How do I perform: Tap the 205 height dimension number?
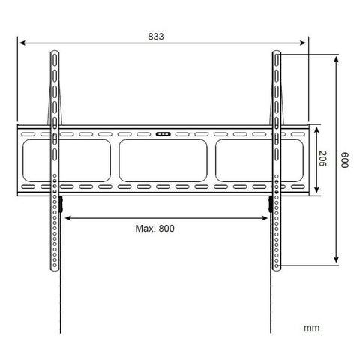click(322, 159)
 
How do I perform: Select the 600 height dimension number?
click(346, 160)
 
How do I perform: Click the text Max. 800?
click(155, 229)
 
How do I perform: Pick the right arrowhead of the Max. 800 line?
click(266, 218)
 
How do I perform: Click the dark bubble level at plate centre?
click(162, 136)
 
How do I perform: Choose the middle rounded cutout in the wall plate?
click(162, 160)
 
